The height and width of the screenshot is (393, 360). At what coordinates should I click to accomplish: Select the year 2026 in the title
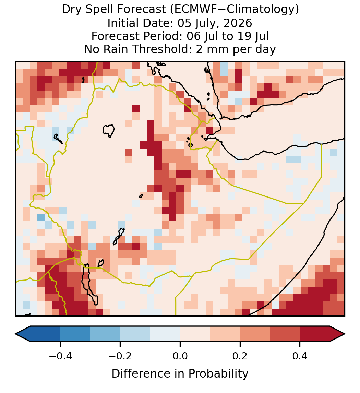pos(238,23)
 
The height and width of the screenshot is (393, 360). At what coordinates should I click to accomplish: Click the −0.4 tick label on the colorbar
pos(60,356)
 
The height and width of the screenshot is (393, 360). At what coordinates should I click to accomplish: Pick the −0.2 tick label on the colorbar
pos(120,356)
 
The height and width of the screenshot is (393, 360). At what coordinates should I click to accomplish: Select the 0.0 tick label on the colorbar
pos(180,356)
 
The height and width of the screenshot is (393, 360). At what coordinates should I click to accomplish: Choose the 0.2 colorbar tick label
pos(240,356)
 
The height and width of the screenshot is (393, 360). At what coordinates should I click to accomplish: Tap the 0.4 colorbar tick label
pos(300,356)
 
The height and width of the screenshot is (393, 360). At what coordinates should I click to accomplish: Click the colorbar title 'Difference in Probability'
pos(180,373)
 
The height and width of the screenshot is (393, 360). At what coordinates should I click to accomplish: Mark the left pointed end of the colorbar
pos(16,334)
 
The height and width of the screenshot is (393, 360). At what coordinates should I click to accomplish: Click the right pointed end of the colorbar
pos(345,334)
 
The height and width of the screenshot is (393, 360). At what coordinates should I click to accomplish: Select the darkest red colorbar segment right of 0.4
pos(315,334)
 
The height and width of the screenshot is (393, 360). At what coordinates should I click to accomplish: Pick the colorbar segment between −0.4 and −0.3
pos(75,334)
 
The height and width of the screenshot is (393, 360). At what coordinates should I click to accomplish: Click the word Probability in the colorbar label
pos(218,373)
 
